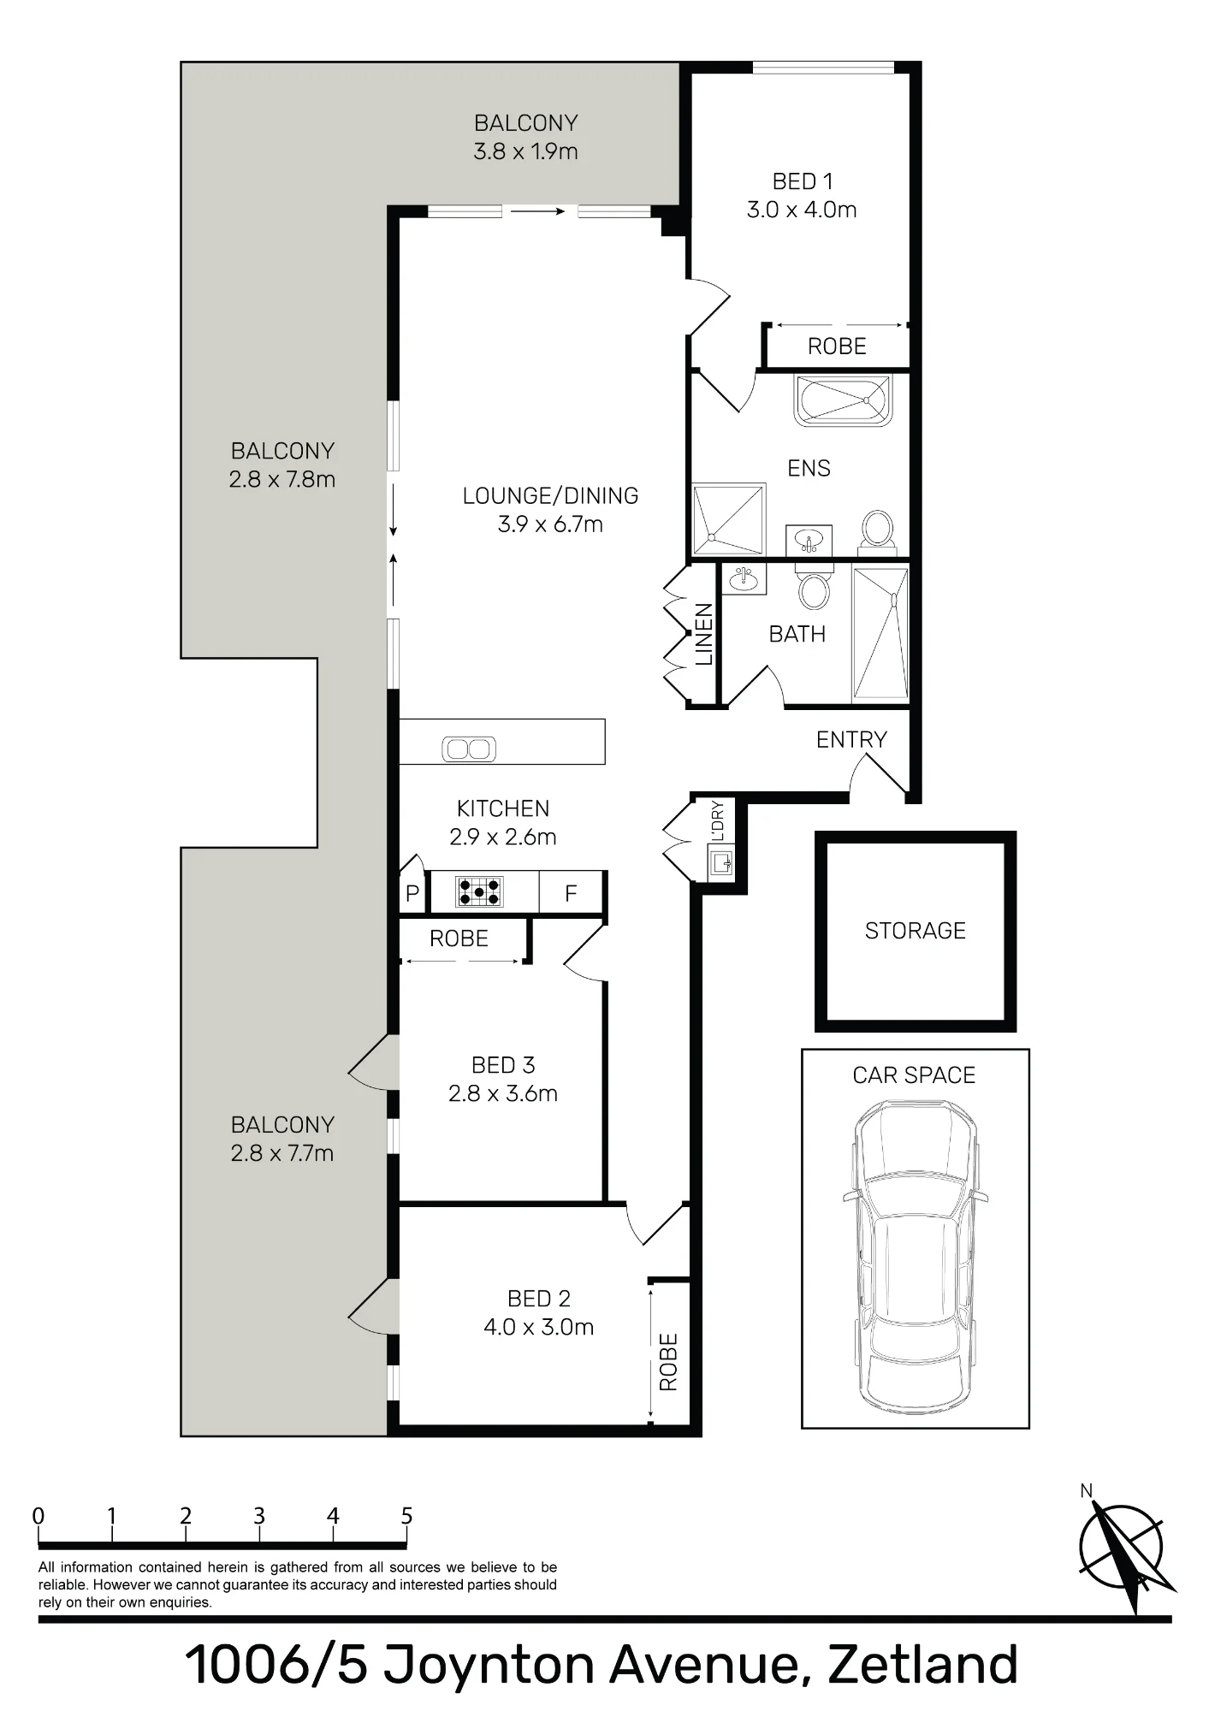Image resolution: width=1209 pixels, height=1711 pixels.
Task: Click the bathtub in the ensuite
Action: coord(844,400)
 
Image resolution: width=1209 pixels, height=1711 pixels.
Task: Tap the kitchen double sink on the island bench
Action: coord(469,749)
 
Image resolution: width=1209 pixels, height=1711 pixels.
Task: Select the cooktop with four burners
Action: coord(479,892)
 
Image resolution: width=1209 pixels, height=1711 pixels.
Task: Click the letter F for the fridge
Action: coord(571,894)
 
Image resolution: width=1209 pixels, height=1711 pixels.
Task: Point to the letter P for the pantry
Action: coord(412,894)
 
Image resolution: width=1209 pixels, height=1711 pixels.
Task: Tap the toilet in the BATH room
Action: coord(814,586)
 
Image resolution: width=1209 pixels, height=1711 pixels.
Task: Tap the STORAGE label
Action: coord(916,931)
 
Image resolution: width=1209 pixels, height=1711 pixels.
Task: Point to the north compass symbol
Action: coord(1123,1550)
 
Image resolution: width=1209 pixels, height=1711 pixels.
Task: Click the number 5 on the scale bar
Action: coord(406,1516)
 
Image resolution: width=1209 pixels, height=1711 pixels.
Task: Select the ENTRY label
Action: coord(851,740)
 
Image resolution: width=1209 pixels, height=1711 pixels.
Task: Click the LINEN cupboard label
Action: coord(703,635)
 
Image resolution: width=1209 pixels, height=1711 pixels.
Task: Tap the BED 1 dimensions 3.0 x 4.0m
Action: coord(802,210)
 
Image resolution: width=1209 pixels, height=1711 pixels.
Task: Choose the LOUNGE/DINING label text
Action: coord(550,496)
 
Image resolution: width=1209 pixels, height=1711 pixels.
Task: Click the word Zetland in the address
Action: coord(924,1665)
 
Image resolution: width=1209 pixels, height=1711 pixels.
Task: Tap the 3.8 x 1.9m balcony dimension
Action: coord(525,151)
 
